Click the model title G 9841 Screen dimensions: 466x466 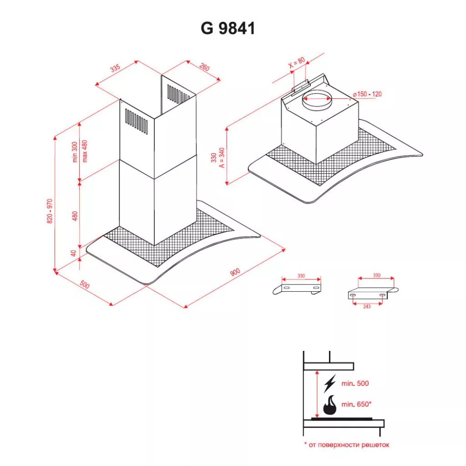coord(228,29)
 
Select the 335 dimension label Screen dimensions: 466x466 coord(115,68)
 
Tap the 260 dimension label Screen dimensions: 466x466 coord(204,67)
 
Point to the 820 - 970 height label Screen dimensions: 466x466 coord(50,211)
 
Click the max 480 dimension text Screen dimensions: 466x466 coord(85,151)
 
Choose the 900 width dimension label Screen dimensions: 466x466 coord(235,272)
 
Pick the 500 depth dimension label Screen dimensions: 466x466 coord(85,284)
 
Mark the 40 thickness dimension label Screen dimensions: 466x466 coord(74,253)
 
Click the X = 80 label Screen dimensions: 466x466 coord(297,62)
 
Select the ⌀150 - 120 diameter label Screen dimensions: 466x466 coord(367,94)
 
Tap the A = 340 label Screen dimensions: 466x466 coord(222,157)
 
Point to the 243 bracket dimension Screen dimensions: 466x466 coord(367,306)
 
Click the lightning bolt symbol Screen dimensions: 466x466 coord(330,383)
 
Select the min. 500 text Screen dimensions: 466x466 coord(355,383)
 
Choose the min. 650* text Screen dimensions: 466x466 coord(356,404)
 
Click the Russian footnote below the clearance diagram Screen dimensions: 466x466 coord(347,445)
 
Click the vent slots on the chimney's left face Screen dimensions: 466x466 coord(137,121)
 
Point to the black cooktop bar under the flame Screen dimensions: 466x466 coord(342,419)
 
